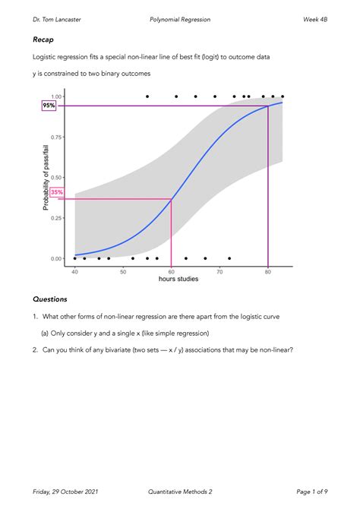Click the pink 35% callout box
(x=57, y=192)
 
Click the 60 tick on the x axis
(x=172, y=270)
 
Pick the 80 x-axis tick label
(x=268, y=270)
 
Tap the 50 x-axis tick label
(x=123, y=270)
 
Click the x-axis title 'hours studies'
(x=178, y=279)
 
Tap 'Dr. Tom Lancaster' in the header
(x=58, y=18)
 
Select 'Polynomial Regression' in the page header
(x=180, y=18)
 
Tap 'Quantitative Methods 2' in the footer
(x=181, y=492)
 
